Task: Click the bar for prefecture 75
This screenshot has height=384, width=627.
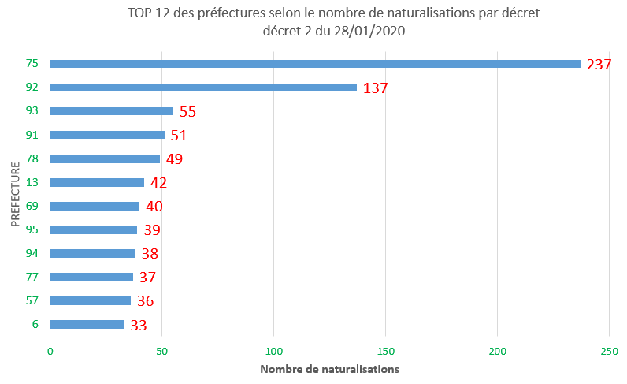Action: tap(315, 64)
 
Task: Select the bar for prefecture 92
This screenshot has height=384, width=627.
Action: tap(203, 88)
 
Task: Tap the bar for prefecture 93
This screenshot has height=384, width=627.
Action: tap(112, 111)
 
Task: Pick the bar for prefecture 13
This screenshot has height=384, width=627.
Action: tap(97, 182)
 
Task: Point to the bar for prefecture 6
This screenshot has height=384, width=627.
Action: tap(87, 324)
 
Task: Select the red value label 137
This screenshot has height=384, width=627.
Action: tap(376, 88)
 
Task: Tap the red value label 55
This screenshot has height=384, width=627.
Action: tap(187, 112)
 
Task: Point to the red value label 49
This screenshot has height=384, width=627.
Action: tap(174, 159)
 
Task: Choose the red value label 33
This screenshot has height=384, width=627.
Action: tap(139, 325)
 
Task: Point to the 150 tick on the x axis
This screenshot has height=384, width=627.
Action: tap(386, 350)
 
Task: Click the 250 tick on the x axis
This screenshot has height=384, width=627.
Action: tap(609, 350)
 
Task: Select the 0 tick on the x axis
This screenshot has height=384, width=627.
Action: tap(50, 350)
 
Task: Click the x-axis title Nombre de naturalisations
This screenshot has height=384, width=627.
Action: tap(329, 369)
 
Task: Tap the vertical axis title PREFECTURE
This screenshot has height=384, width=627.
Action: tap(16, 194)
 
